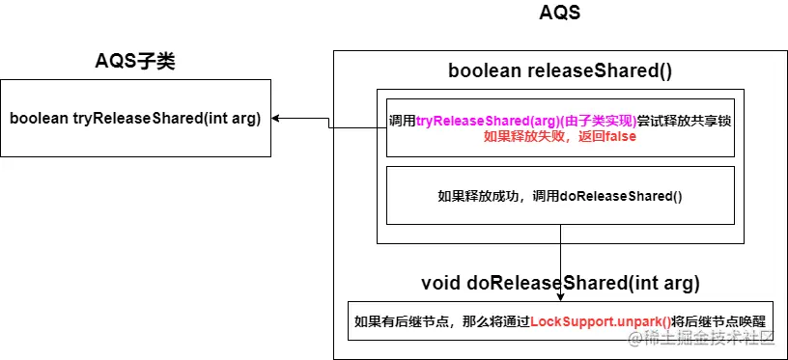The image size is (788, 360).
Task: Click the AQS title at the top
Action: (x=560, y=14)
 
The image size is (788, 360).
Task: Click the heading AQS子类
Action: (x=134, y=63)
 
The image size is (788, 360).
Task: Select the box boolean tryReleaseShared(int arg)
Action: (x=135, y=119)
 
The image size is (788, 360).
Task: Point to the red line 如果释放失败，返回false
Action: (x=560, y=136)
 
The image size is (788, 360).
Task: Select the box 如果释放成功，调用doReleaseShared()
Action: (x=560, y=196)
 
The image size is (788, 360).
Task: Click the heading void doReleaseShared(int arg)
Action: (x=560, y=284)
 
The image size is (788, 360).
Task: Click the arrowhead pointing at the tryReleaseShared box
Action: (x=277, y=119)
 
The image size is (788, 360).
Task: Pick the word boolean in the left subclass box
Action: (x=40, y=119)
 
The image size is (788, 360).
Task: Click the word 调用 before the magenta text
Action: (x=402, y=121)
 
